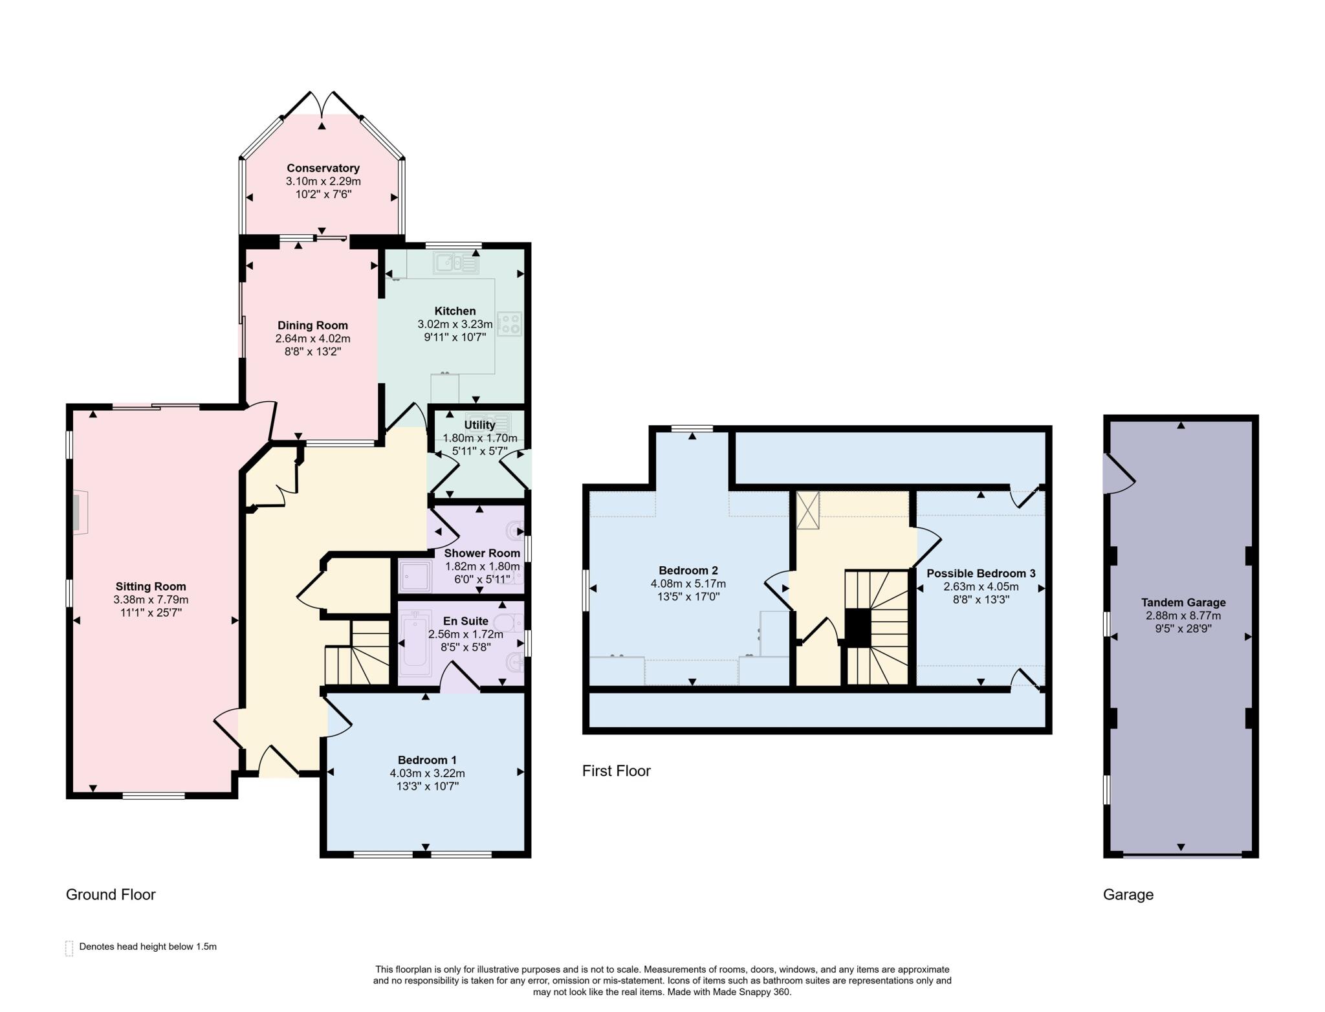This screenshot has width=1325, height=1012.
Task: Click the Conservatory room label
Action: (323, 168)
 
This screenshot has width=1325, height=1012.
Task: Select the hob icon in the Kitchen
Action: (509, 324)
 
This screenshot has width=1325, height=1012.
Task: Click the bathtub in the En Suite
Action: (415, 644)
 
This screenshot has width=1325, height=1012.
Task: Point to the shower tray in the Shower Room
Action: (415, 577)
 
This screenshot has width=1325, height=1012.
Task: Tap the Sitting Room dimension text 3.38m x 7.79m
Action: (151, 600)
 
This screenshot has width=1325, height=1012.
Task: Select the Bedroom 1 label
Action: (427, 760)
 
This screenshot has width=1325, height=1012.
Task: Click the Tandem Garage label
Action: (1183, 602)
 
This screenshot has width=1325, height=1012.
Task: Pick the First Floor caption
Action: (616, 771)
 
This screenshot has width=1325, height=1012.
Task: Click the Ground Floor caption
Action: (111, 894)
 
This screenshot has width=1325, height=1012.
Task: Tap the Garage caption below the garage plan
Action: (1128, 894)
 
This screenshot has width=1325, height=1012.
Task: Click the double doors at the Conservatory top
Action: (322, 104)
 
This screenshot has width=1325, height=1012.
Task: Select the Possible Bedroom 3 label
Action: (981, 573)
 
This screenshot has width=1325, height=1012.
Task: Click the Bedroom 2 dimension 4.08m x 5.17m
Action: (688, 584)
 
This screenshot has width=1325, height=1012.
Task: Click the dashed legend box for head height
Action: (69, 948)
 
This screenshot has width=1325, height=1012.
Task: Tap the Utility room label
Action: (479, 425)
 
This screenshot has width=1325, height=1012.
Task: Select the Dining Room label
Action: (312, 325)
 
